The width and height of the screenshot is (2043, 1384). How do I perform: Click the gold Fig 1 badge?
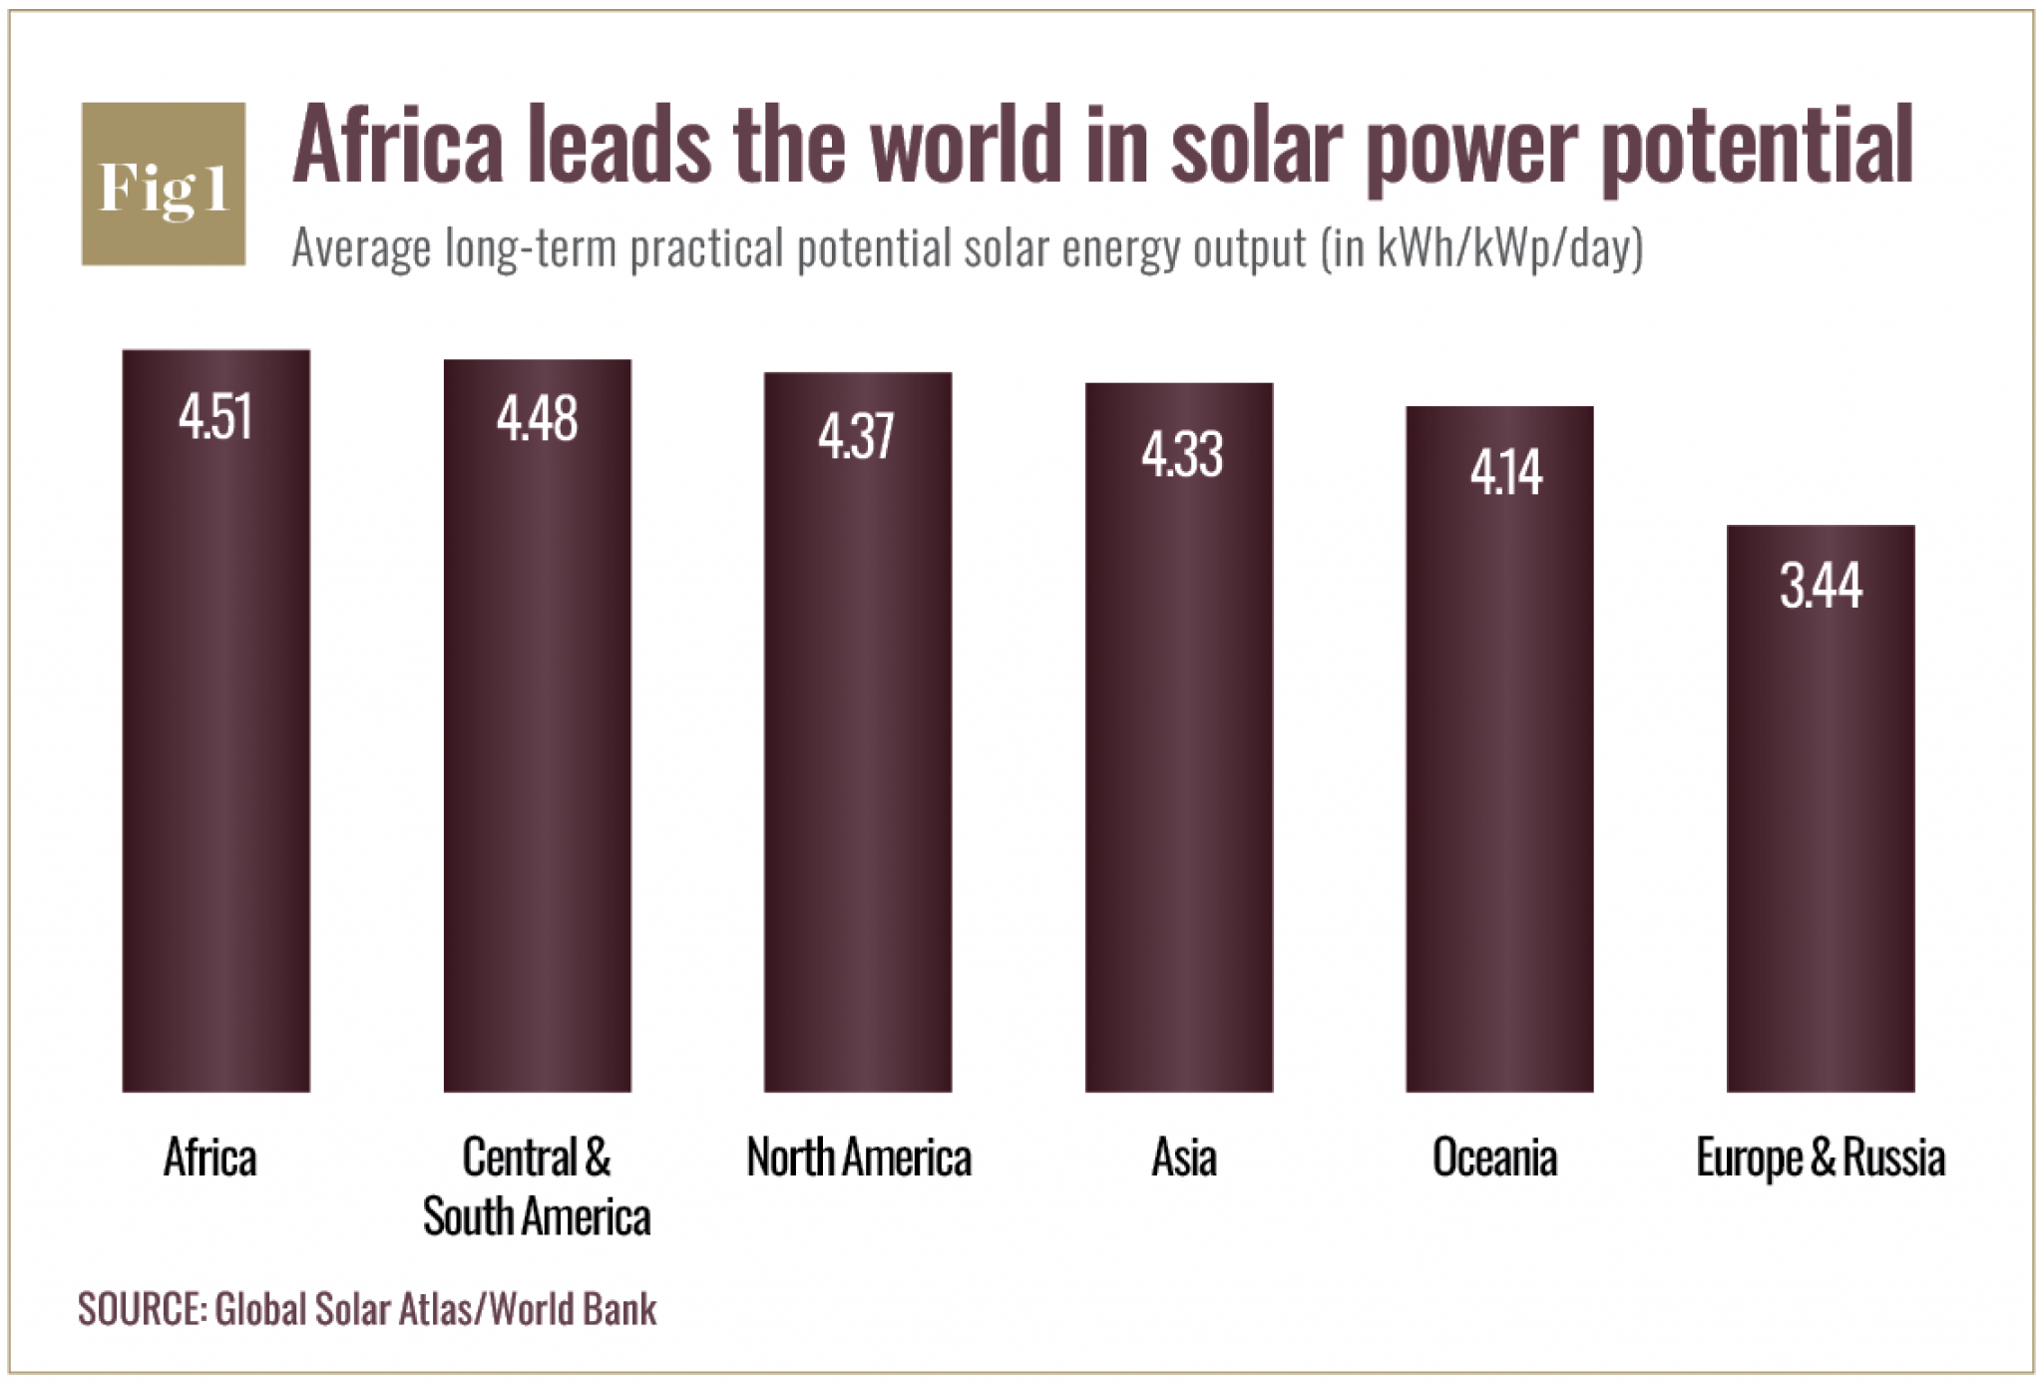(x=164, y=185)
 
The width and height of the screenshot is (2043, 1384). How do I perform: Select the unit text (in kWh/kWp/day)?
(x=1481, y=249)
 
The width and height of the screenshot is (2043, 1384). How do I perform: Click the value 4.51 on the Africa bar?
(x=215, y=417)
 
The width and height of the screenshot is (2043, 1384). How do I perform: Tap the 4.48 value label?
(x=537, y=419)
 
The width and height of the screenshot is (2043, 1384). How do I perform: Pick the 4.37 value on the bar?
(x=857, y=437)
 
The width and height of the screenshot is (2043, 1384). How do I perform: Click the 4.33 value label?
(x=1181, y=455)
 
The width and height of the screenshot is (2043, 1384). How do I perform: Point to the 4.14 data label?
(x=1506, y=473)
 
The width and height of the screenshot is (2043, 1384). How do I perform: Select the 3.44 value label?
(x=1821, y=586)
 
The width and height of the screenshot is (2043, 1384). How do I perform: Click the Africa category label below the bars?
(x=210, y=1158)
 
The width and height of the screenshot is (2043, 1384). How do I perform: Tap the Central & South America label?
(x=537, y=1187)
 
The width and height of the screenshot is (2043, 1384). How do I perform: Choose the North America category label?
(x=859, y=1158)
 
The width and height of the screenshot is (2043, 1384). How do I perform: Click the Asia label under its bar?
(x=1184, y=1158)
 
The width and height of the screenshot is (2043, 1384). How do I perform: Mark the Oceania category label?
(x=1494, y=1158)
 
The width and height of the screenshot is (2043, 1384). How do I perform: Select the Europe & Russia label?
(x=1821, y=1158)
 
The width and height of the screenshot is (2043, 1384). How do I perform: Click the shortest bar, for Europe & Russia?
(x=1821, y=848)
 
